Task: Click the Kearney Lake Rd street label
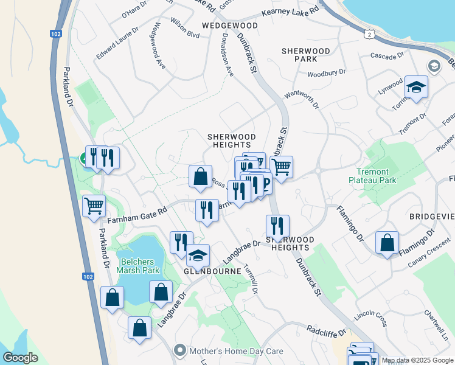tap(290, 12)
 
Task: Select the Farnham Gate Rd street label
tap(137, 212)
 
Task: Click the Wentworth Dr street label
tap(302, 99)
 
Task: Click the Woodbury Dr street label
tap(326, 72)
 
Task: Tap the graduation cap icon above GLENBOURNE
tap(198, 255)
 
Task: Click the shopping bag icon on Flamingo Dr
tap(387, 243)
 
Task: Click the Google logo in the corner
tap(20, 357)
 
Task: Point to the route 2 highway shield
tap(369, 34)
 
